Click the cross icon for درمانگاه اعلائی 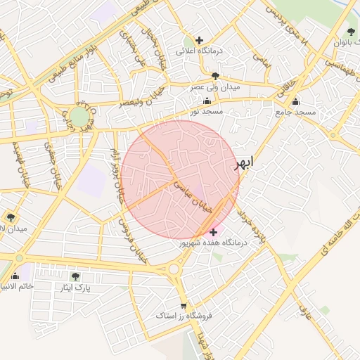pyautogui.click(x=200, y=40)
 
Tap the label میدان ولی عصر pyautogui.click(x=216, y=87)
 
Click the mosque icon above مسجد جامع pyautogui.click(x=295, y=101)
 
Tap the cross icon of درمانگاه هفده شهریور pyautogui.click(x=213, y=231)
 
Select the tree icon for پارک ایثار pyautogui.click(x=76, y=276)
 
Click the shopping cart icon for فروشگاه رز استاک pyautogui.click(x=184, y=306)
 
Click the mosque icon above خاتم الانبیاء pyautogui.click(x=15, y=276)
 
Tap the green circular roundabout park pyautogui.click(x=79, y=117)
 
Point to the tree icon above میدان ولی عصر pyautogui.click(x=215, y=76)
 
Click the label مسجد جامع pyautogui.click(x=296, y=112)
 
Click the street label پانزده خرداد pyautogui.click(x=252, y=225)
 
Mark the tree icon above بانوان pyautogui.click(x=351, y=32)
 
